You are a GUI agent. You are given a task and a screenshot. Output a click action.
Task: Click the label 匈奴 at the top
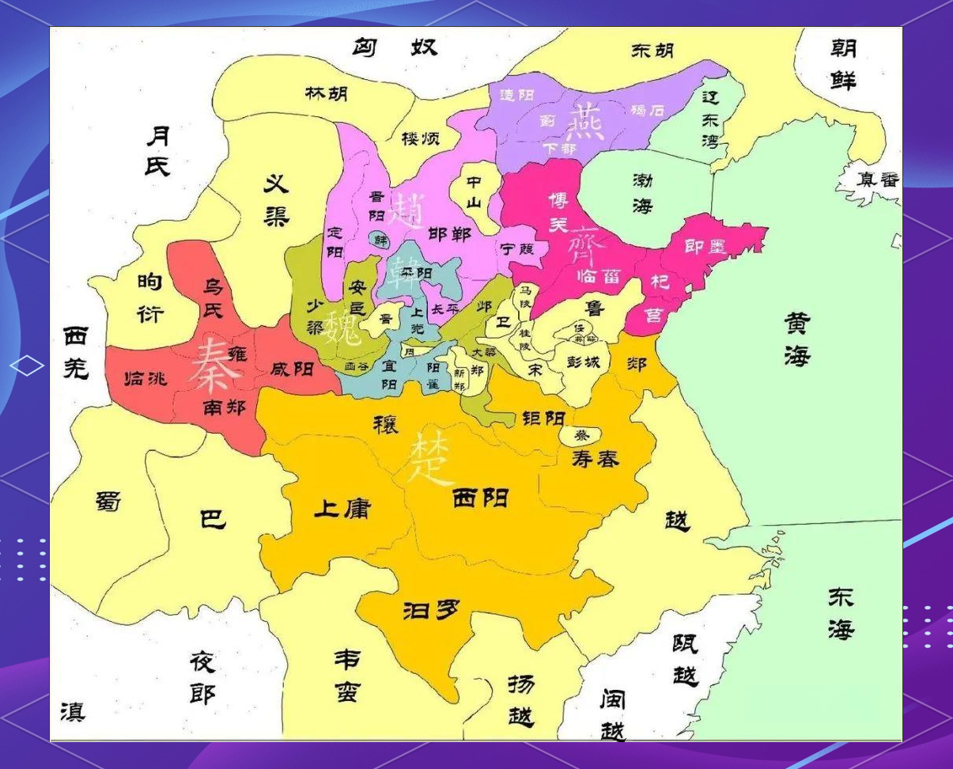394,48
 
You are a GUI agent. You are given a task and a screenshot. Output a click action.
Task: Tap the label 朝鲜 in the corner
843,65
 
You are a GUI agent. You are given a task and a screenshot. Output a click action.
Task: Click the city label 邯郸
448,234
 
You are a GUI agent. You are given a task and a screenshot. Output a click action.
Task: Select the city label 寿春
595,458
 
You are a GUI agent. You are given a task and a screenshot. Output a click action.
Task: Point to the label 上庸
342,508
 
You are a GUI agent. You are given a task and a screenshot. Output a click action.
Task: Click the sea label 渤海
641,193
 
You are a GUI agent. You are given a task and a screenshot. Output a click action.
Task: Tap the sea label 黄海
797,339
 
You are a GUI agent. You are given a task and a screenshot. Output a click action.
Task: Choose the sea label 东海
840,613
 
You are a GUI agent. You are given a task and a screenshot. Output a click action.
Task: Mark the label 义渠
275,200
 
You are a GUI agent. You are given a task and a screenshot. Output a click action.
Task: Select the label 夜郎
202,677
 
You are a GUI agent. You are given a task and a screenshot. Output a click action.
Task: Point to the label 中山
473,191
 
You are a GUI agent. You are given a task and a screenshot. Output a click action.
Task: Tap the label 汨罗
431,609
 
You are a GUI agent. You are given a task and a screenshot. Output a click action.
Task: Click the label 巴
212,518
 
